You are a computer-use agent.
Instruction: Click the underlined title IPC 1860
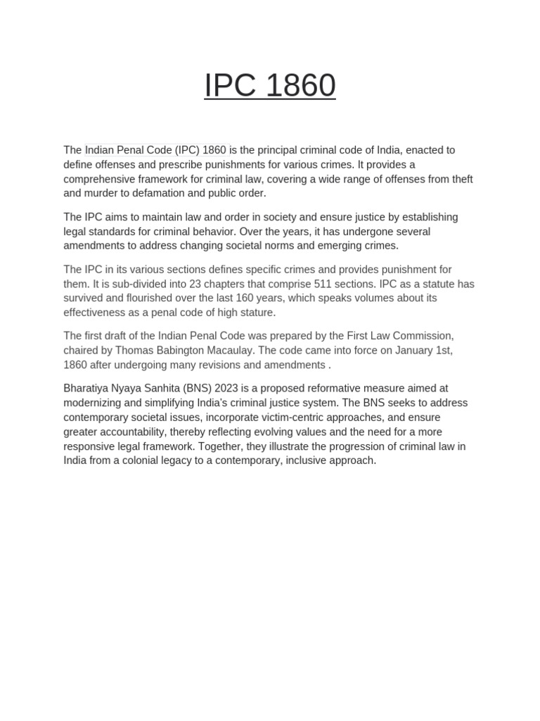click(x=269, y=86)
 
